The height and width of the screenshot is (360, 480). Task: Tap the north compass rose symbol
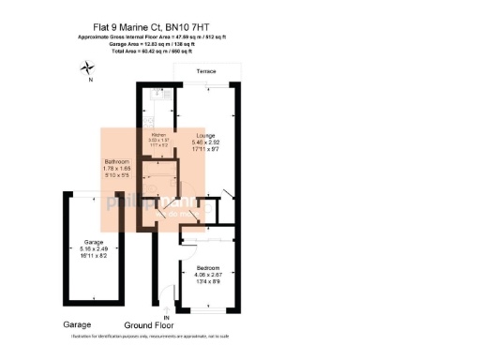(x=88, y=67)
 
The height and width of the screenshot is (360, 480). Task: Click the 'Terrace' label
(x=206, y=72)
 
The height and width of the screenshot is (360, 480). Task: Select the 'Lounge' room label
(x=204, y=135)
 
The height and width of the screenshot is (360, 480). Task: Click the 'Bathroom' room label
(x=117, y=161)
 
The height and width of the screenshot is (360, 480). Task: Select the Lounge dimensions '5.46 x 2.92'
(x=204, y=142)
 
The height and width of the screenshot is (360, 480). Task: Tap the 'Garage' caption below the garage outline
(x=79, y=324)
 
